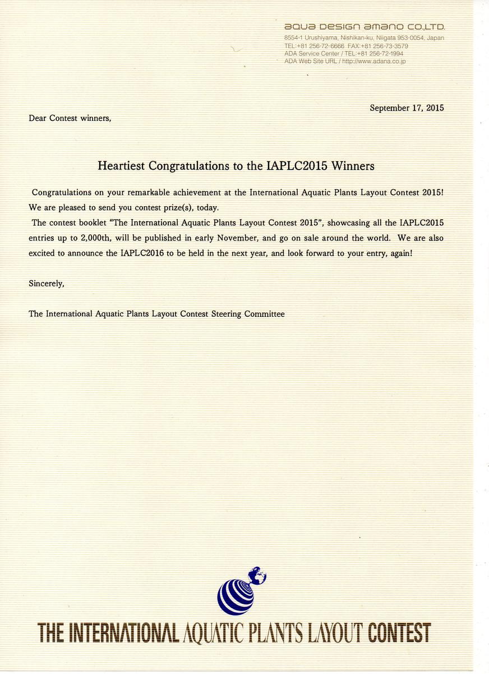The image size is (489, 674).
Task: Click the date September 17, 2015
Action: pos(407,108)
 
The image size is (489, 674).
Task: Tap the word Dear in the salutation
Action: pos(38,119)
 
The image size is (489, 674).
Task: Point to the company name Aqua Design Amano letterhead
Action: pos(365,27)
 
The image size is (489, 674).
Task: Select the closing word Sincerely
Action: pos(46,284)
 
